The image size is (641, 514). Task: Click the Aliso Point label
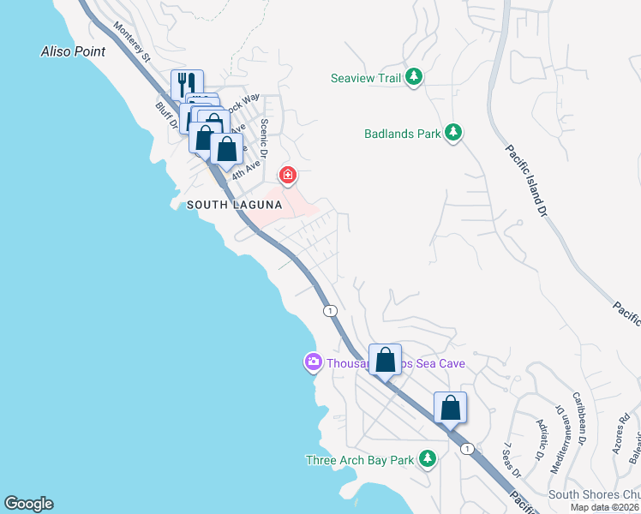[74, 51]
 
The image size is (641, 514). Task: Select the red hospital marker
[288, 176]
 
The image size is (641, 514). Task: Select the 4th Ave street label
[245, 166]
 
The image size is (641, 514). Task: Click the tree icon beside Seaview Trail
[414, 78]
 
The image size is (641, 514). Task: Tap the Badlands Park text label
[401, 134]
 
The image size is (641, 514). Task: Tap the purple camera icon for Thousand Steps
[313, 363]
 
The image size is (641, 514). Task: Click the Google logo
[28, 504]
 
